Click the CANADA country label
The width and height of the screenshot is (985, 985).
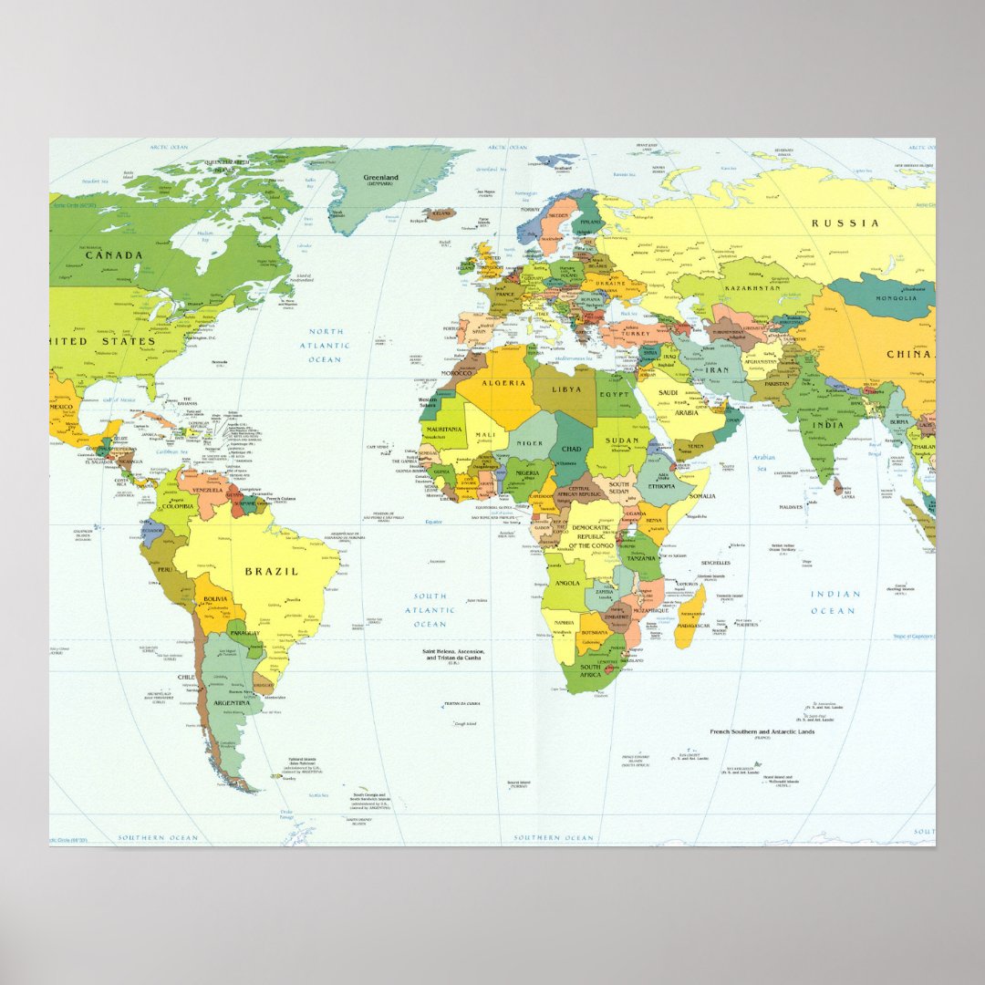coord(115,255)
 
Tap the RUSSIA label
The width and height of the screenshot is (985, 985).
coord(846,223)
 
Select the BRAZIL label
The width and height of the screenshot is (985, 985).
coord(271,572)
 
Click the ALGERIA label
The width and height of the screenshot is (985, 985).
coord(503,384)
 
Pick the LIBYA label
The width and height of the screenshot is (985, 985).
coord(565,389)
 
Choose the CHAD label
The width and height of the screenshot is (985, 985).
coord(572,449)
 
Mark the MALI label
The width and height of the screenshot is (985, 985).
coord(485,436)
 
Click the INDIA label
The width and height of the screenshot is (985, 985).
coord(828,425)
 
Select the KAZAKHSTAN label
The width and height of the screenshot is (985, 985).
coord(753,288)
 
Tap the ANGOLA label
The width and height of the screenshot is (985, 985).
coord(567,584)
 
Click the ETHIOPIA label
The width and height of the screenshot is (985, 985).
coord(661,487)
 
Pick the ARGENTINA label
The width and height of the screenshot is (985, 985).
coord(232,703)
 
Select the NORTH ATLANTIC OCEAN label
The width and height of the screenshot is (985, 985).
coord(325,346)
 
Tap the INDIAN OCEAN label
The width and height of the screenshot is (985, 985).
coord(835,602)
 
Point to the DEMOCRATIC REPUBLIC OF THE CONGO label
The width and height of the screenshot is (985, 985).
coord(592,536)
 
